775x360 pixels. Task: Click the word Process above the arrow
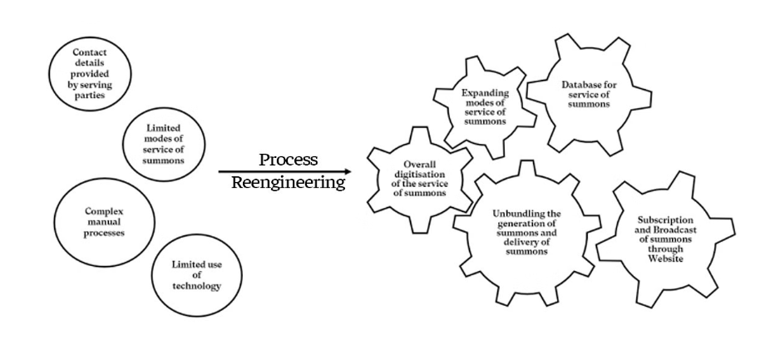tap(289, 160)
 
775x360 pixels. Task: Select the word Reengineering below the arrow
tap(289, 183)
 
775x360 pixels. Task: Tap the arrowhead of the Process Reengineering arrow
tap(348, 171)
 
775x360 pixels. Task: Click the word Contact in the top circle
tap(90, 52)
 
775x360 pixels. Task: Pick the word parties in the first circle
tap(90, 95)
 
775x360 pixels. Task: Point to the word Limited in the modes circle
tap(164, 128)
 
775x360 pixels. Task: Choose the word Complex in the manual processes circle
tap(104, 211)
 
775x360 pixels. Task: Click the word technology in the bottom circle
tap(196, 286)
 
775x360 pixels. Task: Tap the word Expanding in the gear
tap(485, 93)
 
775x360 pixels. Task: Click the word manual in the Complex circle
tap(104, 222)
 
